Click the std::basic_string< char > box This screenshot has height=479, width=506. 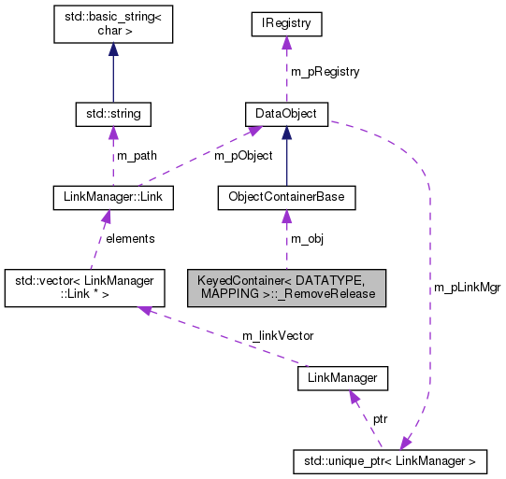click(113, 28)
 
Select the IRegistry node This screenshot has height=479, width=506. click(286, 22)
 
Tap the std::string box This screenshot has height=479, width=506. click(113, 115)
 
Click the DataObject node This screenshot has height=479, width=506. click(286, 115)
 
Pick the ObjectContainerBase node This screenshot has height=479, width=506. click(286, 197)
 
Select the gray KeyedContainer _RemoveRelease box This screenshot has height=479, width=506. click(286, 286)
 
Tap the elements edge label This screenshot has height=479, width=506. click(130, 238)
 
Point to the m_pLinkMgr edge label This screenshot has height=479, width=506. click(467, 288)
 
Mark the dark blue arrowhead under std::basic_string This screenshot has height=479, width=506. click(113, 51)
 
